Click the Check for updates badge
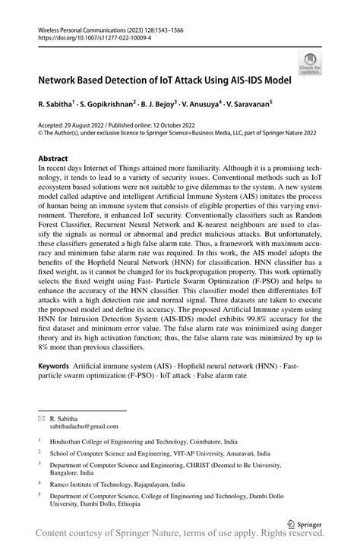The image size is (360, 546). pos(310,64)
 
